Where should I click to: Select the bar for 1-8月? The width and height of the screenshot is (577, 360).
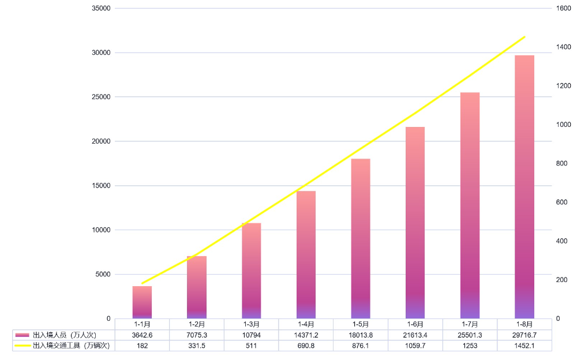(524, 187)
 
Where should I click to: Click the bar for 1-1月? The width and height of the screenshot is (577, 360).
(142, 302)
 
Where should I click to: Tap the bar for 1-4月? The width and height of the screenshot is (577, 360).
(306, 254)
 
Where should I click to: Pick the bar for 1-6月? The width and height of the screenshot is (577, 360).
(415, 223)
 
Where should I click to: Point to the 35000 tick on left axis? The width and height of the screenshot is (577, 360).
(102, 9)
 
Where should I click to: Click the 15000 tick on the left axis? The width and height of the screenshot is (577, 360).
(102, 186)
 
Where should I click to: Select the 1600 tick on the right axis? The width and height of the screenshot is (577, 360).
(563, 9)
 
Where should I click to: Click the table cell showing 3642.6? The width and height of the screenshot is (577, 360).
(142, 335)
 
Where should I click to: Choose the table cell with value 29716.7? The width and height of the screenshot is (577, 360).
(524, 335)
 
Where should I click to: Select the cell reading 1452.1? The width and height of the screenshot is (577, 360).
(524, 346)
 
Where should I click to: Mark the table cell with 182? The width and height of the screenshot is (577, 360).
(142, 346)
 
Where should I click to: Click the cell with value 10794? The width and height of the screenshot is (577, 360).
(252, 335)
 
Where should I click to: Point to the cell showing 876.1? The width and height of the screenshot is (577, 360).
(361, 346)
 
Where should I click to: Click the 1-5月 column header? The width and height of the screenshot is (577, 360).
(361, 324)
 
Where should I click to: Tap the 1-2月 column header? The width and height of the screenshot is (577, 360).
(197, 324)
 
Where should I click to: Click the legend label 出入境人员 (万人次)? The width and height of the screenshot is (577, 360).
(64, 335)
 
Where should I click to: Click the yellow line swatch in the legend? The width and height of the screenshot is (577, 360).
(23, 346)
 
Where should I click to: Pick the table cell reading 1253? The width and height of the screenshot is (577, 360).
(470, 346)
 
